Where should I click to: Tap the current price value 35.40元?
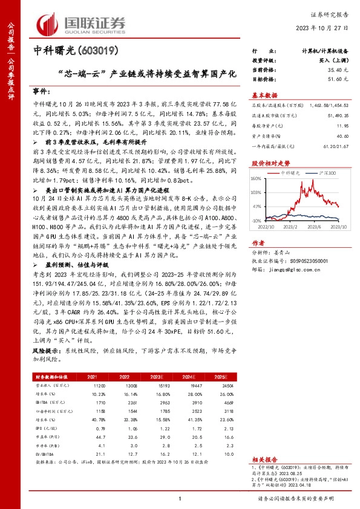[335, 70]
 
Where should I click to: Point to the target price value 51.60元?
[335, 79]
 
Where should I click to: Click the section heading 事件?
[42, 91]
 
